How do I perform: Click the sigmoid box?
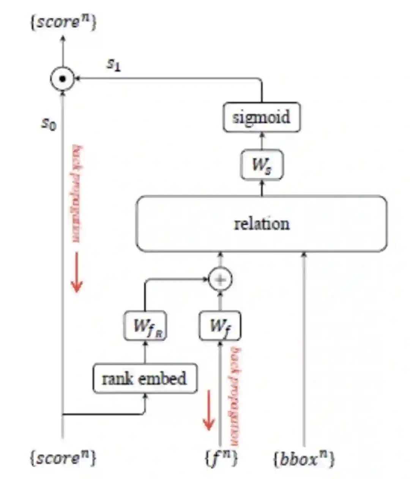pos(262,117)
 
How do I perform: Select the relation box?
pos(262,224)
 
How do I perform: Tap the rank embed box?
pos(145,378)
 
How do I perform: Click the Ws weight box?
pos(262,164)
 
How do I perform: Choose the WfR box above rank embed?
pos(145,326)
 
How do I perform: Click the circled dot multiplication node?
pos(63,79)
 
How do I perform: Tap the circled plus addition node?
pos(220,280)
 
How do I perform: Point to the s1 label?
pos(114,65)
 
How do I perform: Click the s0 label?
pos(49,123)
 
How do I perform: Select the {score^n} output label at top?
pos(63,22)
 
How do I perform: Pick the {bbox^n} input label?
pos(304,459)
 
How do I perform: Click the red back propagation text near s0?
pos(77,194)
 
